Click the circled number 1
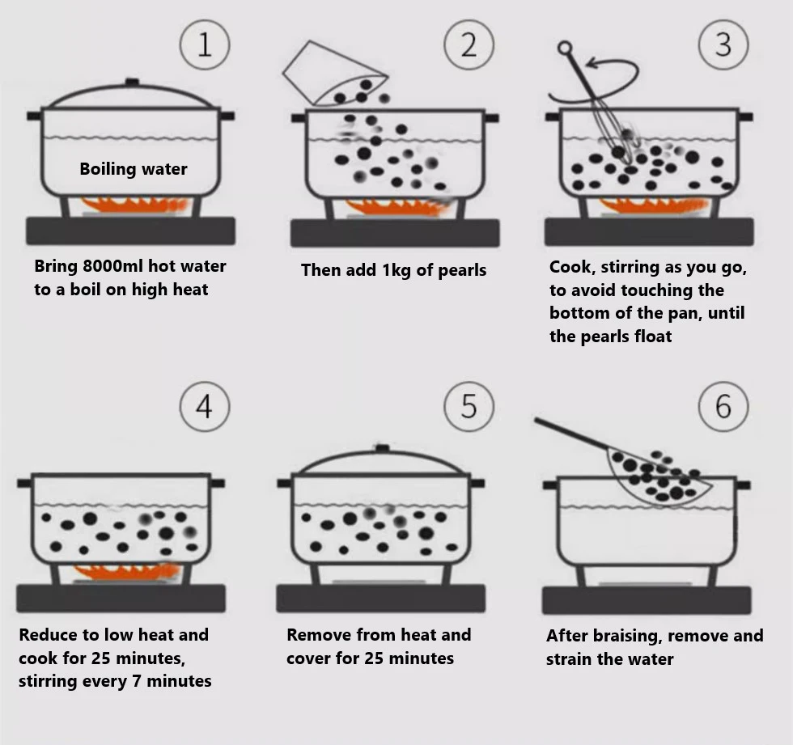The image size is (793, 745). pyautogui.click(x=205, y=44)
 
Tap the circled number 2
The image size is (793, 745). pyautogui.click(x=469, y=44)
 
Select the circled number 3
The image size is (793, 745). pyautogui.click(x=723, y=44)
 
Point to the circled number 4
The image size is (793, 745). pyautogui.click(x=205, y=406)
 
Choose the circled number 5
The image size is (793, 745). pyautogui.click(x=469, y=406)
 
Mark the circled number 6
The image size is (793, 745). pyautogui.click(x=723, y=406)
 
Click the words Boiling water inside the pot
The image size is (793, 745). pyautogui.click(x=134, y=169)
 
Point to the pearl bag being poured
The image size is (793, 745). pyautogui.click(x=335, y=74)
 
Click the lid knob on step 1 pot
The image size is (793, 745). pyautogui.click(x=132, y=82)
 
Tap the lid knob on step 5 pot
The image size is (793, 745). pyautogui.click(x=382, y=448)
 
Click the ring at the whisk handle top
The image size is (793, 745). pyautogui.click(x=565, y=48)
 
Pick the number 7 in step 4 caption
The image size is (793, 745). pyautogui.click(x=136, y=681)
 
